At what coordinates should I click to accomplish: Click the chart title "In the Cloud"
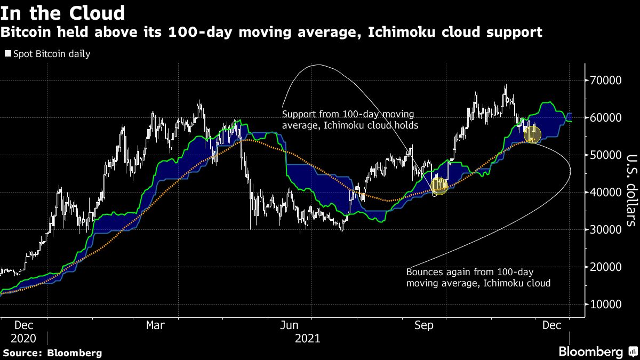coord(63,12)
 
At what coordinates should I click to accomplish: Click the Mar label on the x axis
coord(155,325)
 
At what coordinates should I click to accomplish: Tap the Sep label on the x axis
coord(425,325)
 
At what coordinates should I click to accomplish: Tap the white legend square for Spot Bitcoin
coord(7,54)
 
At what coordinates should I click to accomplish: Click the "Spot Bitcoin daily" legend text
coord(51,54)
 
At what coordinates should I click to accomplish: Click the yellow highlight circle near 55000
coord(532,135)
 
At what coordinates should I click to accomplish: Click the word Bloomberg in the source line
coord(74,353)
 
